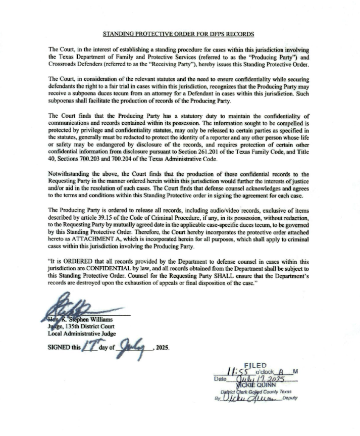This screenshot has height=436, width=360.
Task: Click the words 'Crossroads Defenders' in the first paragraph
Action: [75, 65]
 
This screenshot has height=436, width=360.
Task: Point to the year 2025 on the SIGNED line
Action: [163, 349]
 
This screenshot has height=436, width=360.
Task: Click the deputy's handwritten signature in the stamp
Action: [248, 399]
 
